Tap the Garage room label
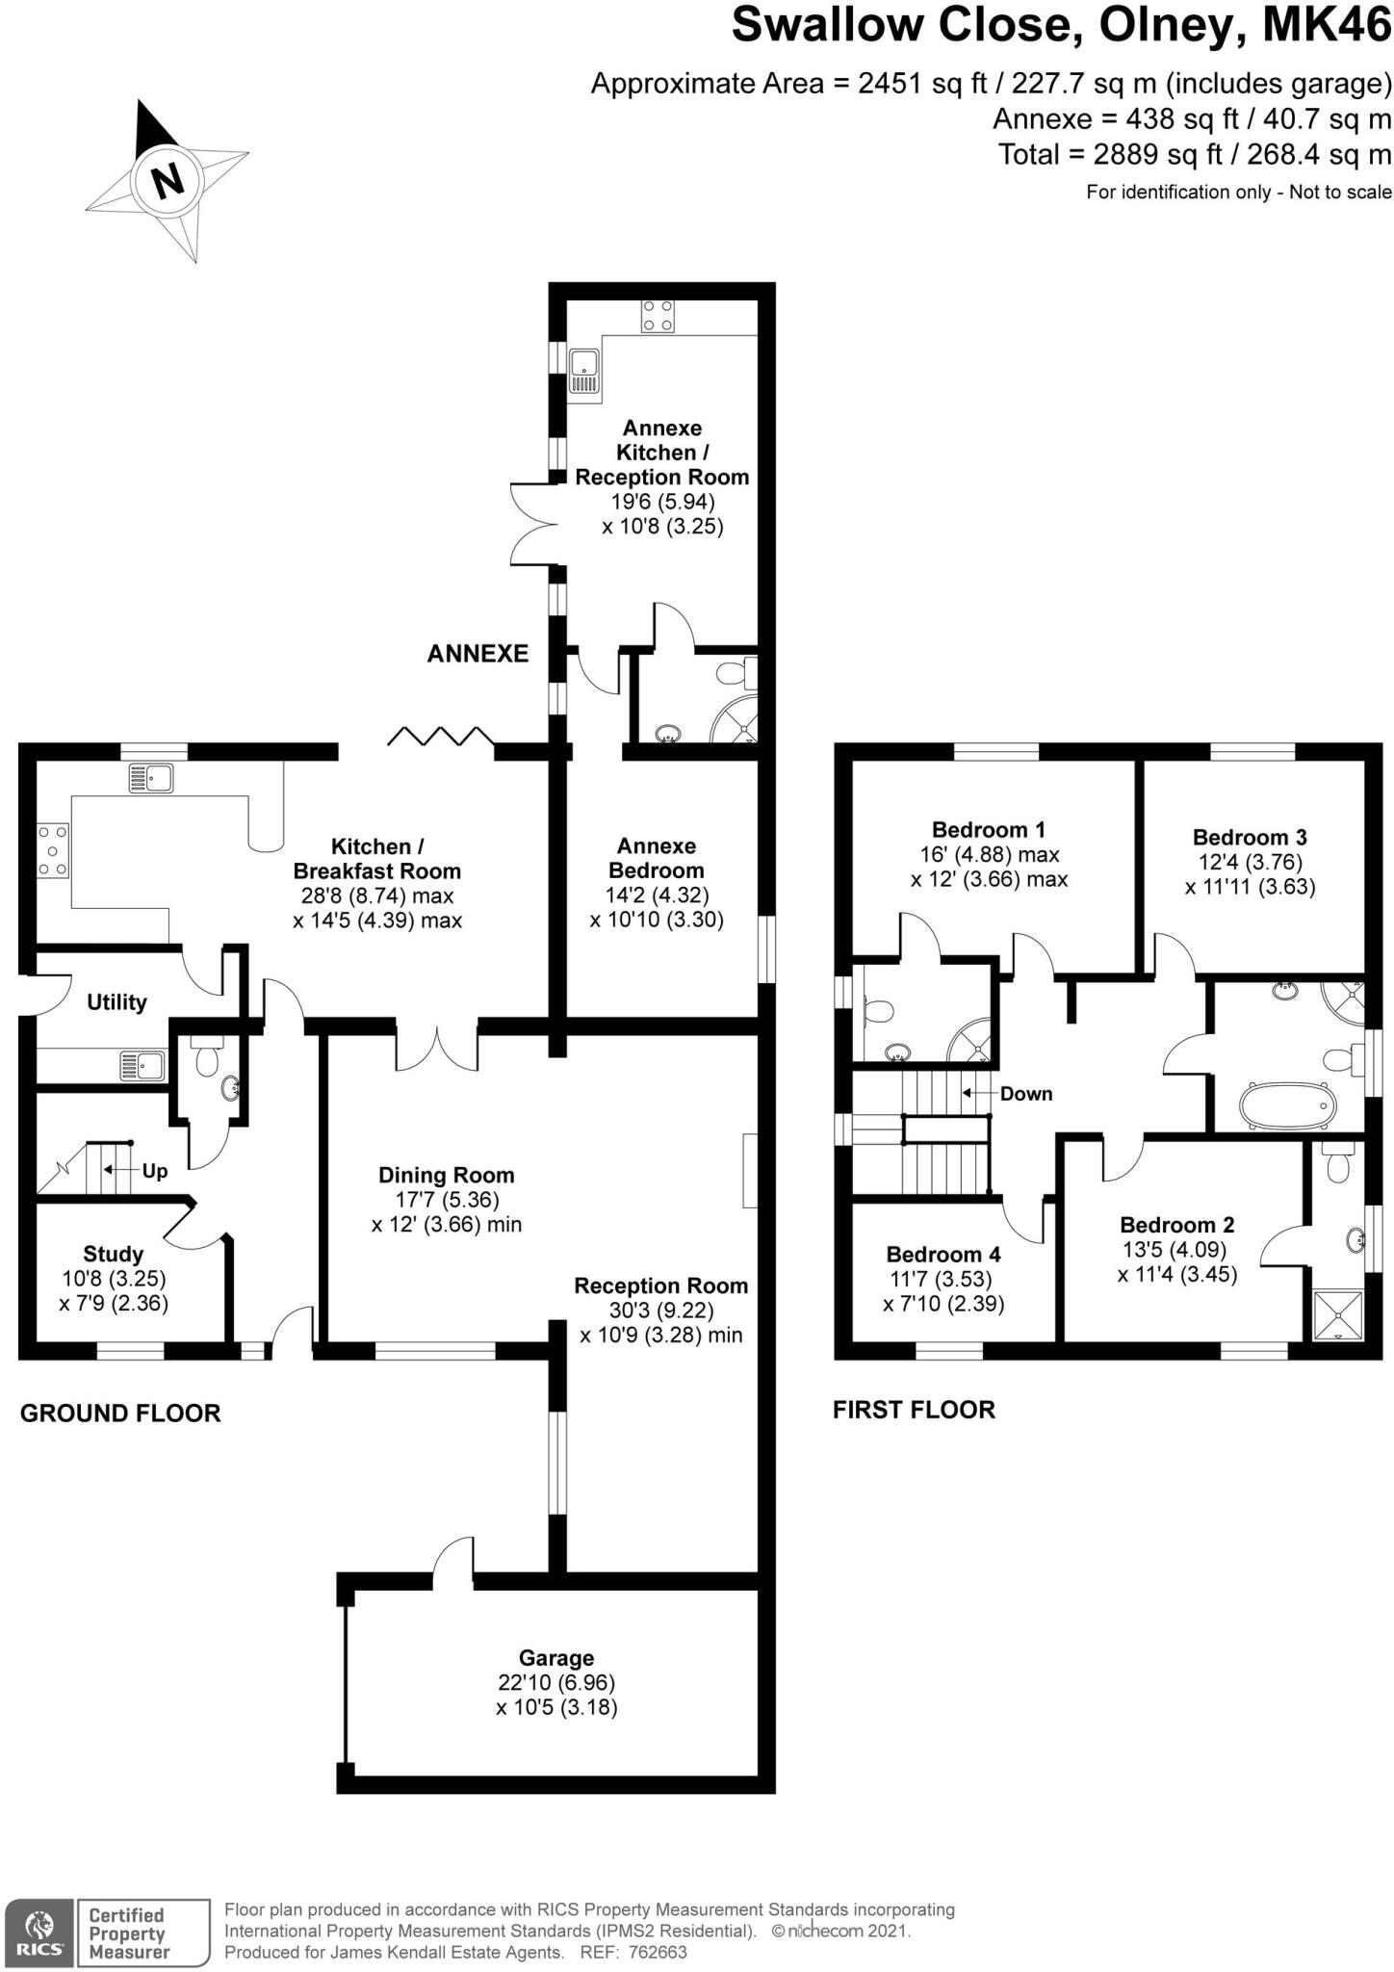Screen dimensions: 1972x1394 point(556,1658)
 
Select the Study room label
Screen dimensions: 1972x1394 point(114,1254)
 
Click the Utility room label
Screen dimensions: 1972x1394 point(116,1002)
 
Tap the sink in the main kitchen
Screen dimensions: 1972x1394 point(152,777)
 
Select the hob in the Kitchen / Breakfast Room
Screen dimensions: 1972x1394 point(53,850)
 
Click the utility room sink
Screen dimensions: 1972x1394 point(142,1066)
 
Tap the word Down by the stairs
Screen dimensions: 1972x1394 point(1026,1094)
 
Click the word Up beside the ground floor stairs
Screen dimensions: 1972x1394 point(155,1171)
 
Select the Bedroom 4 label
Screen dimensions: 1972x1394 point(943,1255)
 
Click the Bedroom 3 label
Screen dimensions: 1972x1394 point(1250,838)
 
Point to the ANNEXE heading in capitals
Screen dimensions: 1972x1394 point(478,654)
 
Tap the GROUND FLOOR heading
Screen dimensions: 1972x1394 point(120,1414)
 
